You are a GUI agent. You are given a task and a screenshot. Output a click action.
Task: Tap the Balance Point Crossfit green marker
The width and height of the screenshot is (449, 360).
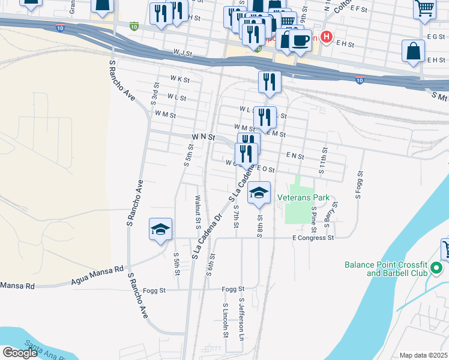(x=437, y=268)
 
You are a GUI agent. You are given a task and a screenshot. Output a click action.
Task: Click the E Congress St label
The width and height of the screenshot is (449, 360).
(x=313, y=238)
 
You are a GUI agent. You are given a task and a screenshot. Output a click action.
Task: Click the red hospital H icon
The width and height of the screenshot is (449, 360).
(x=326, y=37)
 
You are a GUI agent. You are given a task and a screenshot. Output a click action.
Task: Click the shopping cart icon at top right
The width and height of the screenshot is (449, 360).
(x=424, y=8)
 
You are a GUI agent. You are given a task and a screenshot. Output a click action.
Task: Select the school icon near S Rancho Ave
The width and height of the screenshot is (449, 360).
(x=160, y=230)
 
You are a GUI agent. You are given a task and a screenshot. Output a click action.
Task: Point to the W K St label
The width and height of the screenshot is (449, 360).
(x=179, y=79)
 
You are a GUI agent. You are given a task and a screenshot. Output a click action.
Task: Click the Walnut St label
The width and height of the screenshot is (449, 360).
(x=197, y=212)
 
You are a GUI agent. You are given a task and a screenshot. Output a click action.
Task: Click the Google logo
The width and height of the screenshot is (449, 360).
(x=19, y=353)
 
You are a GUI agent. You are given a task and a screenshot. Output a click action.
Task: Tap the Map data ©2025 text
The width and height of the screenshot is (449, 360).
(x=423, y=355)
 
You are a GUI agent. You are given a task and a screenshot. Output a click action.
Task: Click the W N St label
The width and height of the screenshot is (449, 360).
(x=203, y=137)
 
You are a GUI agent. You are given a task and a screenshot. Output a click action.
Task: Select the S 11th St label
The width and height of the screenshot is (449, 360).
(x=322, y=161)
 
